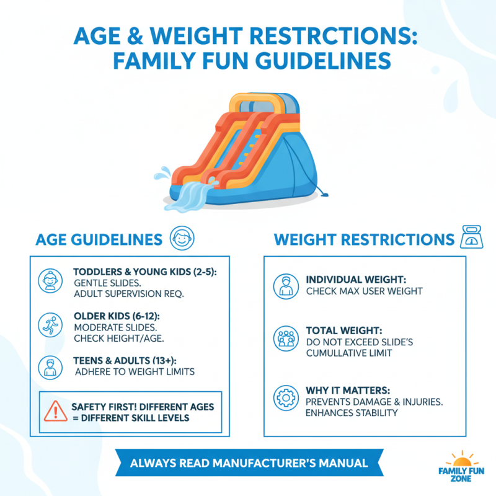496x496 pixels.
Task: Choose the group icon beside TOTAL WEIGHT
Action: [286, 339]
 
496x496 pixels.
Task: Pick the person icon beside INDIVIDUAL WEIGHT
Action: [286, 285]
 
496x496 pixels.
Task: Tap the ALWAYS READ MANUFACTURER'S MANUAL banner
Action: [248, 463]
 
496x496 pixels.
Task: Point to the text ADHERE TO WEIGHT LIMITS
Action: [135, 372]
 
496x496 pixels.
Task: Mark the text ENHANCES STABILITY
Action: [352, 412]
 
